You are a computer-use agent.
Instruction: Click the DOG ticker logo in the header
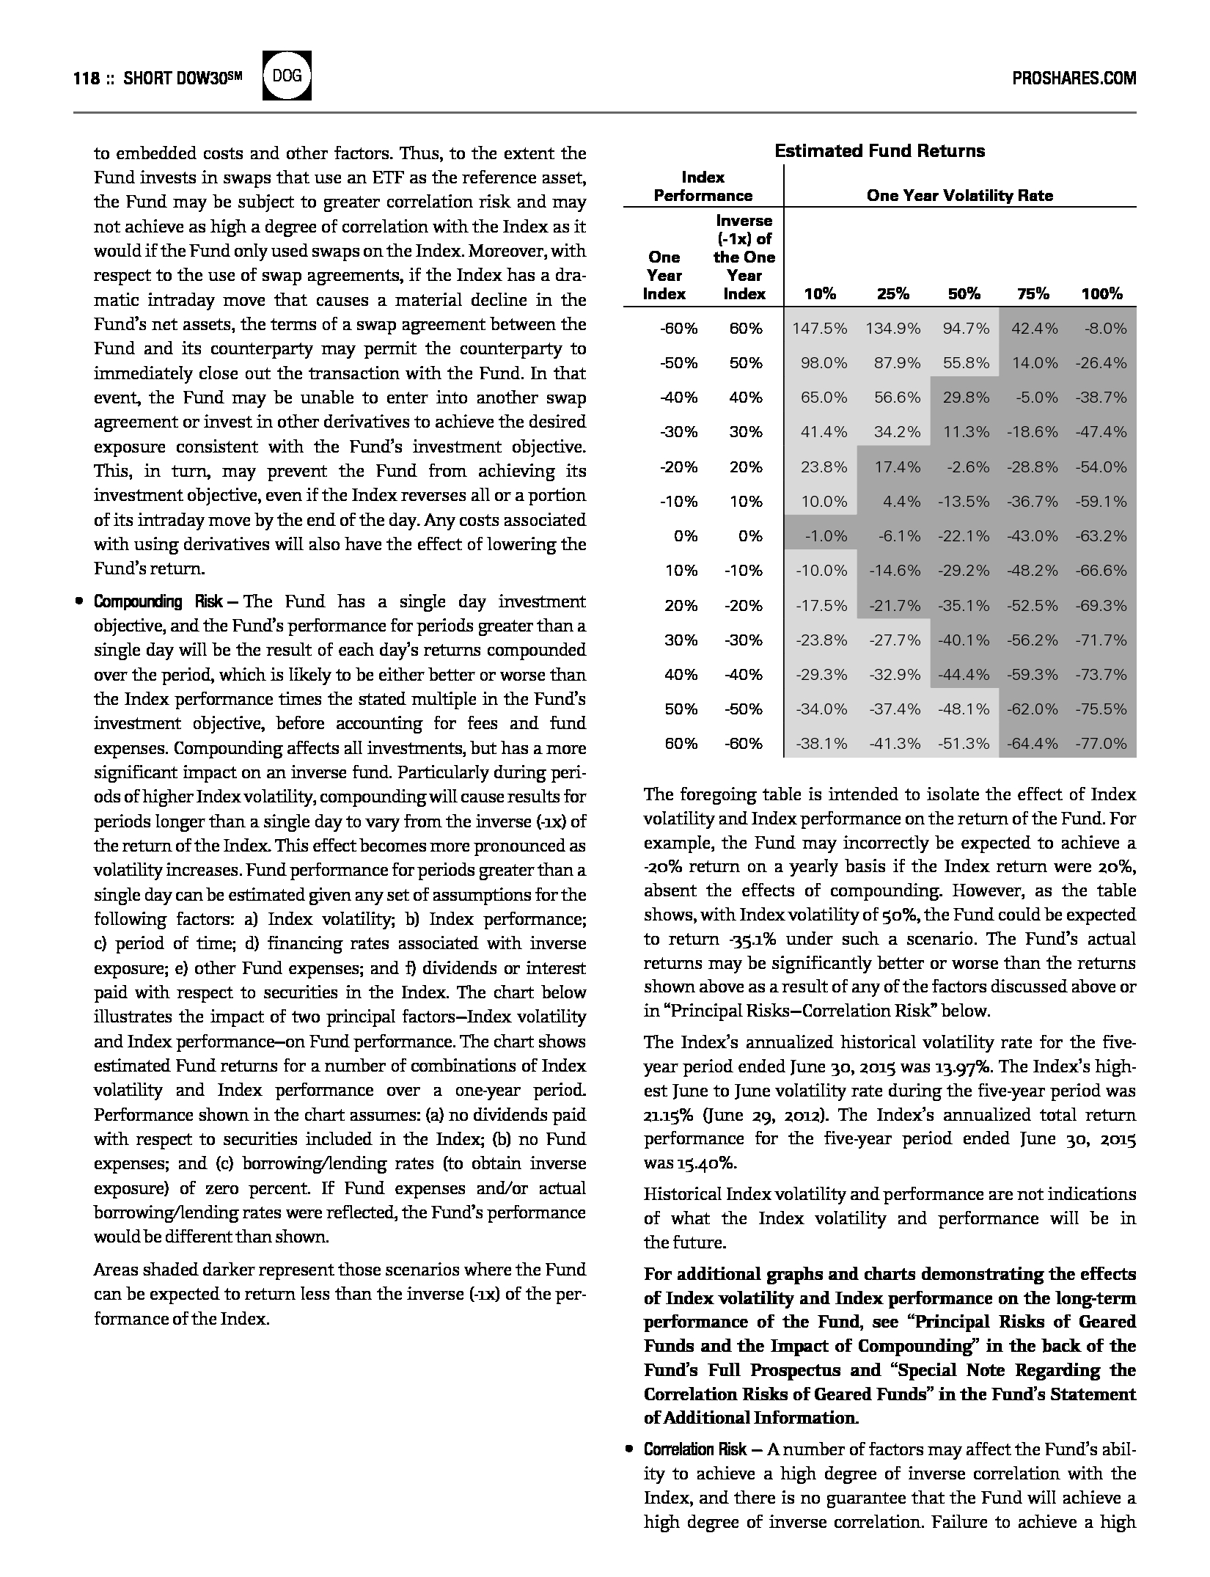tap(287, 76)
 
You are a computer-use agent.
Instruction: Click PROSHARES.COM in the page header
tap(1074, 78)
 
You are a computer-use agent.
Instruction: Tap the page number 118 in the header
tap(87, 78)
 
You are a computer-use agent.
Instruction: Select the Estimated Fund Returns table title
tap(879, 151)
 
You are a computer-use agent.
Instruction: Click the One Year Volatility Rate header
tap(959, 196)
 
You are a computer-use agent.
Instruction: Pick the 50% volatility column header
tap(964, 294)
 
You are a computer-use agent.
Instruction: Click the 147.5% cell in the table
tap(820, 329)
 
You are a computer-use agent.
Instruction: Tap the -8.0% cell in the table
tap(1105, 329)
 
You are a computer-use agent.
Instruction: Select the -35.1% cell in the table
tap(964, 606)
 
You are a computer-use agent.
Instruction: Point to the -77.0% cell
tap(1101, 744)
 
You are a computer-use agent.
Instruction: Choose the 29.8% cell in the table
tap(966, 398)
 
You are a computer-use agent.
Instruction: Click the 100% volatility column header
tap(1101, 294)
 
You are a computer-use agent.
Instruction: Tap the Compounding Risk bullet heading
tap(157, 602)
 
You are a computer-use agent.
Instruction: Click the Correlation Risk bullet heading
tap(694, 1449)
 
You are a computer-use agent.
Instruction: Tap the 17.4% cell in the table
tap(897, 467)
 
